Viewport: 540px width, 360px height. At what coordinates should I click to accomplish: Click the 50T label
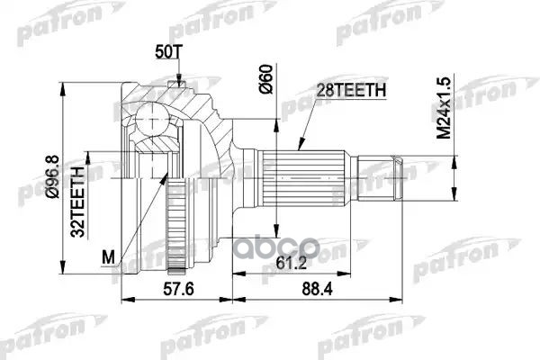click(x=167, y=52)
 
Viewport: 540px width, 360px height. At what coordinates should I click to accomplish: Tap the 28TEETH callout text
click(x=351, y=90)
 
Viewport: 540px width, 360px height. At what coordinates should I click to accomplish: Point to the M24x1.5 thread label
click(x=444, y=108)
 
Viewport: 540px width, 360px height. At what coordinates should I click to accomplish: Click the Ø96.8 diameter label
click(x=53, y=176)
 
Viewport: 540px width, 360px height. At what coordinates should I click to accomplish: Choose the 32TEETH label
click(x=77, y=202)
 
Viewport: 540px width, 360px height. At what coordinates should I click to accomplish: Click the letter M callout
click(x=108, y=256)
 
